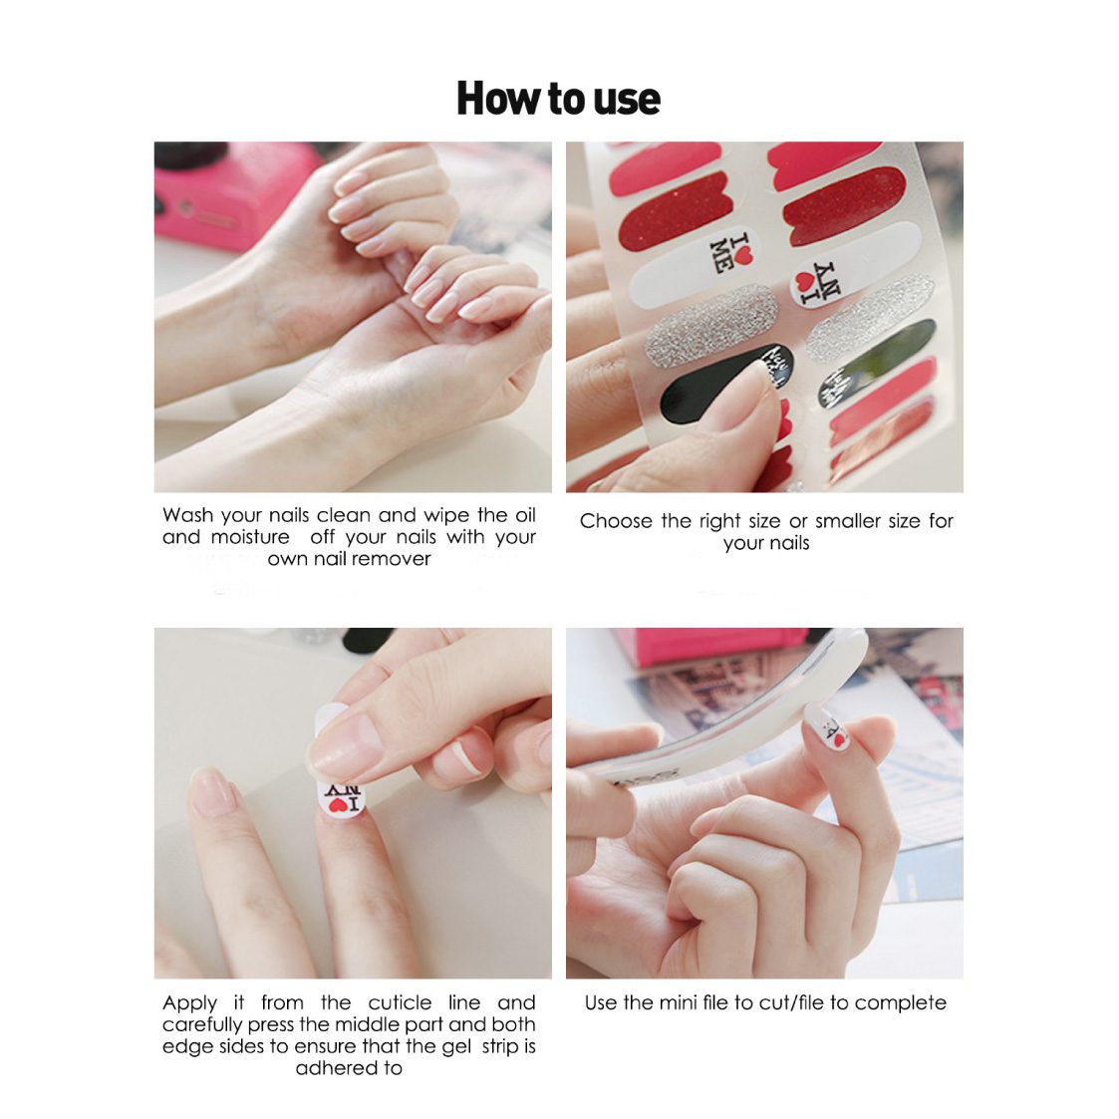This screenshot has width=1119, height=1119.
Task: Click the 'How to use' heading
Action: [x=558, y=99]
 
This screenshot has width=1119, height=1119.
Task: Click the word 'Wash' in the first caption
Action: [x=187, y=515]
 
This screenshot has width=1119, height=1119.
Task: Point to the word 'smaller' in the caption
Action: [x=849, y=521]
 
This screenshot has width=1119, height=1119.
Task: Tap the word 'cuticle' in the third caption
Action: [x=400, y=1002]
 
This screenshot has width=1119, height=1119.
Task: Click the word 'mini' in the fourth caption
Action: [x=678, y=1002]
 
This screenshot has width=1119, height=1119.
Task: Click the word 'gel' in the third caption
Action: [x=456, y=1047]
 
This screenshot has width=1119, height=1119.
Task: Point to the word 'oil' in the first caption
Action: [x=524, y=515]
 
